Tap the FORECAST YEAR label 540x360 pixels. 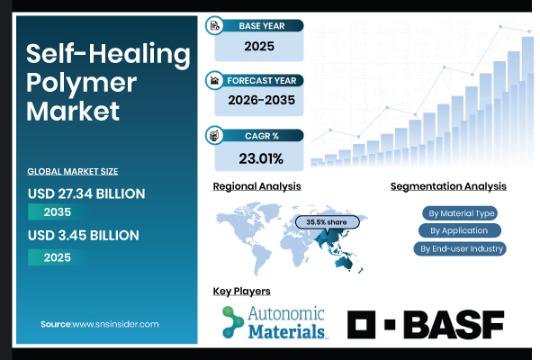point(261,80)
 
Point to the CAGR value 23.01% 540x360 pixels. point(261,159)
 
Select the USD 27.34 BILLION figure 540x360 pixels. point(87,193)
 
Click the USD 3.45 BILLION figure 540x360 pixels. point(83,236)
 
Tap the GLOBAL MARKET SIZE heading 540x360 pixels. point(73,170)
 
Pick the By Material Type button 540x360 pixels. point(459,213)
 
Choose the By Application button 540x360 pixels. point(459,230)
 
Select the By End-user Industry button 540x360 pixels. point(459,248)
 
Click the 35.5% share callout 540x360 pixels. point(328,221)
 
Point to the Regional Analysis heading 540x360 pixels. point(256,186)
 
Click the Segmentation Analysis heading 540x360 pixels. point(447,186)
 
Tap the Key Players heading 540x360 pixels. point(241,292)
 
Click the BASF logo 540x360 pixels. point(426,324)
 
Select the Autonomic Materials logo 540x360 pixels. point(274,322)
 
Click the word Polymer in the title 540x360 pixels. point(81,83)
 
